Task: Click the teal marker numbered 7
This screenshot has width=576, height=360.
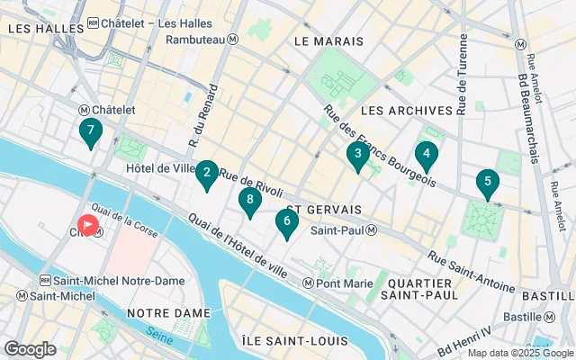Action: pos(89,132)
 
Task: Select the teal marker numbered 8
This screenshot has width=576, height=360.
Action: pos(250,202)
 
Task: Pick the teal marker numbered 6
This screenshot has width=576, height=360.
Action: pos(287,221)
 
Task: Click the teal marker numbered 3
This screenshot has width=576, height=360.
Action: pos(358,156)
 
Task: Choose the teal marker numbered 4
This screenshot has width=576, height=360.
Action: pos(426,154)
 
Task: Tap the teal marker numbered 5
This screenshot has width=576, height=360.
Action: pos(488,183)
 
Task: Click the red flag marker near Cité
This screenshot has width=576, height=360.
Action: pos(89,224)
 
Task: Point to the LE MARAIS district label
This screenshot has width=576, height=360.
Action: pos(328,41)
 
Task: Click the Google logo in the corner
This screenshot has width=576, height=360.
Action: pos(30,348)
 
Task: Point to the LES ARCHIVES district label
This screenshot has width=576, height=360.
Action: pos(406,110)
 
